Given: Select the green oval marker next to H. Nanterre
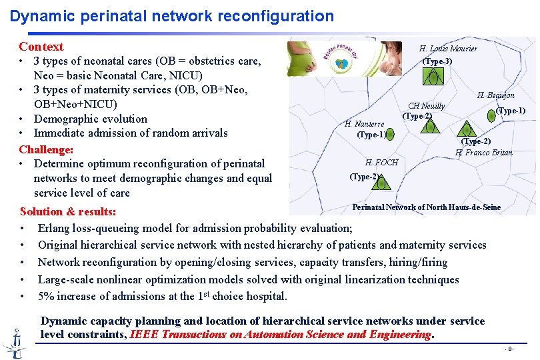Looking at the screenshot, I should coord(391,134).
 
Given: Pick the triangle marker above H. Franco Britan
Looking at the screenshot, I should coord(467,129).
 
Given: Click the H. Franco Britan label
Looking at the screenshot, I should coord(483,153).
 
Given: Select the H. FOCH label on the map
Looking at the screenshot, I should coord(381,162).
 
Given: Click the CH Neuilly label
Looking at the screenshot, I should coord(426,106).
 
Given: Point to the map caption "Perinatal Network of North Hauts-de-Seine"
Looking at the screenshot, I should coord(426,207).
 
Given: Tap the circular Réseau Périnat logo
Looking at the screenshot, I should coord(345,59).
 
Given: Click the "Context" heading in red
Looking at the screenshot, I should coord(41,47).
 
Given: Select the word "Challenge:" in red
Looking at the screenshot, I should coord(46,149).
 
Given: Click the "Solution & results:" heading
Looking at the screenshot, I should coord(68,211).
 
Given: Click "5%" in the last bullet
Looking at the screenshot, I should coord(47,296).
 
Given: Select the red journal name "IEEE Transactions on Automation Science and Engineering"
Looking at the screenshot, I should coord(281,334).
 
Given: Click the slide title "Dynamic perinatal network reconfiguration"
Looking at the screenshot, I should coord(172,15).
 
